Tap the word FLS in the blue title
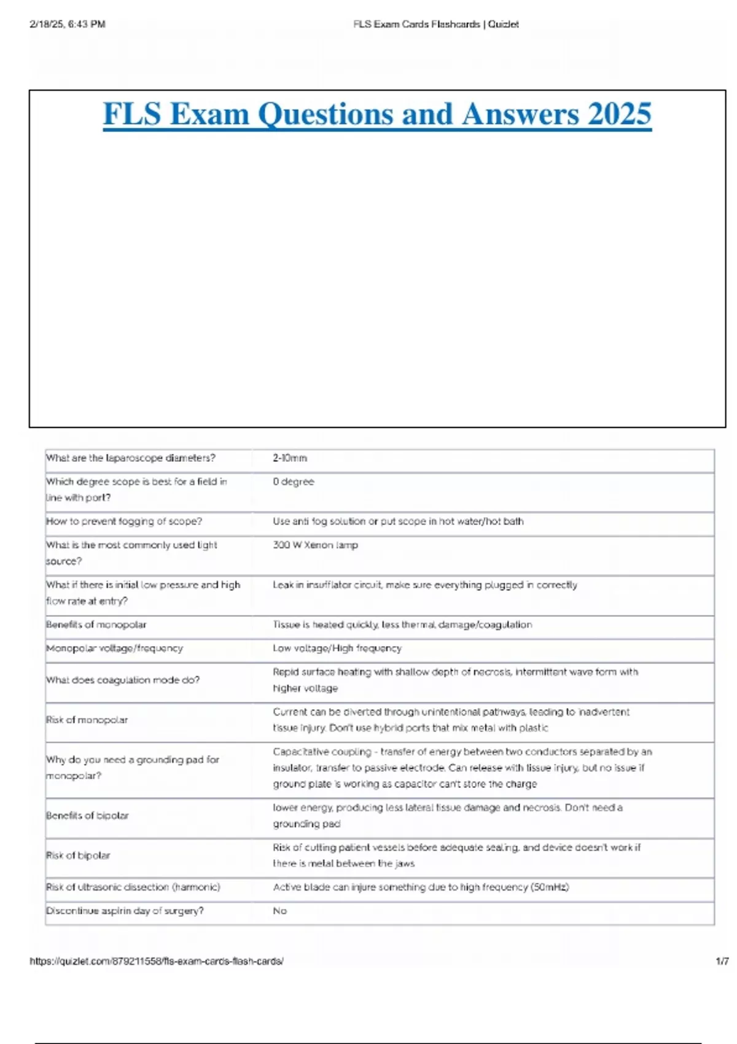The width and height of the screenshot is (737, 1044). (x=132, y=114)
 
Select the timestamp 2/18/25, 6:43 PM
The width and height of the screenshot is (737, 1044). (x=68, y=25)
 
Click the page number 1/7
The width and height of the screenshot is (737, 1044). (x=722, y=961)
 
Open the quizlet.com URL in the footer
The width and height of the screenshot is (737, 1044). (x=157, y=961)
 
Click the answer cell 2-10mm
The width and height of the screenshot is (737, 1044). (x=290, y=458)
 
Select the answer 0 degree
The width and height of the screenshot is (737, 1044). (x=294, y=481)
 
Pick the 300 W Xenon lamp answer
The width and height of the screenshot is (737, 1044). (x=315, y=545)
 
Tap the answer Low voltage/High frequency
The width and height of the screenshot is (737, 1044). (x=337, y=648)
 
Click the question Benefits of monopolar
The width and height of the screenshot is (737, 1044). (x=96, y=625)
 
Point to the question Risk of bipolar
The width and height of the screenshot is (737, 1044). (x=78, y=855)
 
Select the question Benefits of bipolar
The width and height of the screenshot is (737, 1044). (x=87, y=816)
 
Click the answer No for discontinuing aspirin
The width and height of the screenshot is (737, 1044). (x=280, y=911)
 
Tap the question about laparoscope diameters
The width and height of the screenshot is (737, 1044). (x=131, y=458)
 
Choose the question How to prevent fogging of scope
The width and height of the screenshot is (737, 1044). (x=124, y=521)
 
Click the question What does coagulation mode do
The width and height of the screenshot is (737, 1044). (x=123, y=680)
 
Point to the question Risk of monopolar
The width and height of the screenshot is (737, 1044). (x=87, y=720)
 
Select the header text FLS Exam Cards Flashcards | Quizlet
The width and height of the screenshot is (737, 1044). (x=436, y=25)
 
